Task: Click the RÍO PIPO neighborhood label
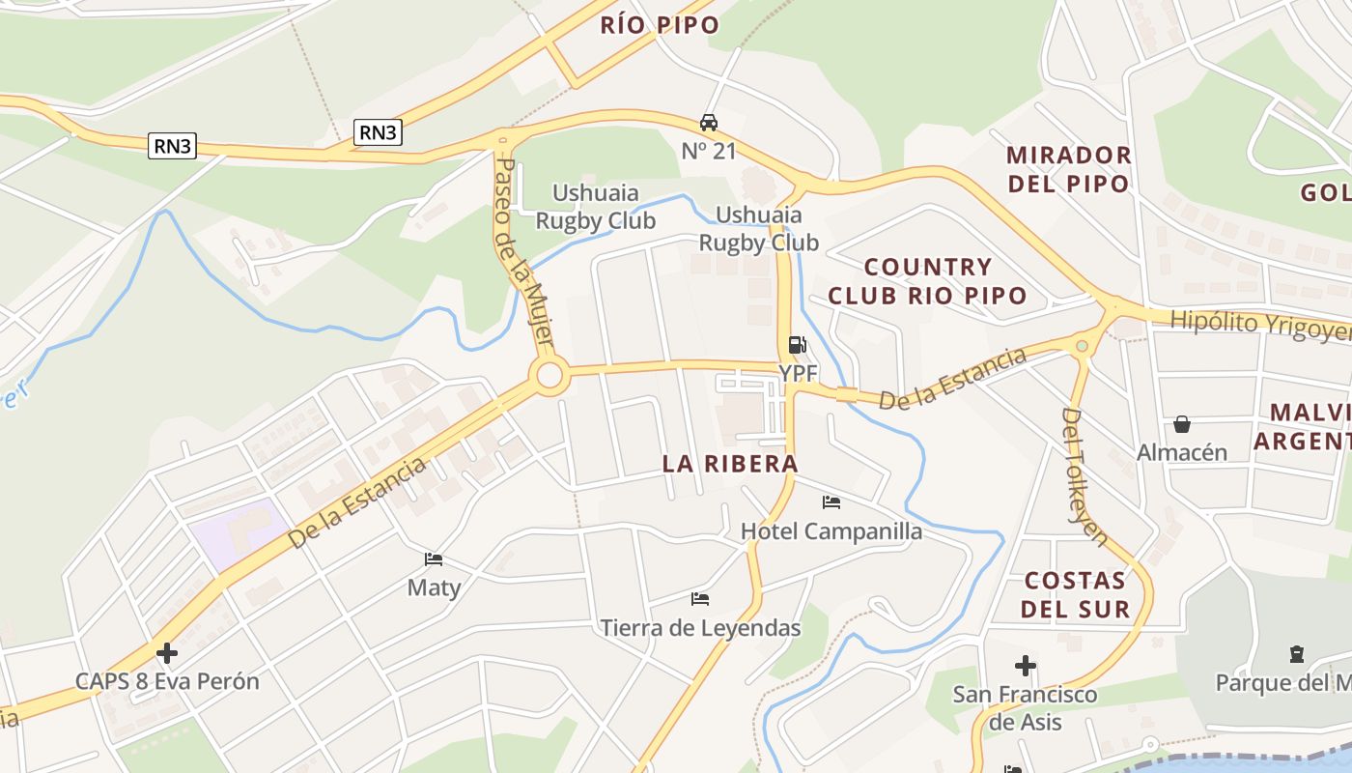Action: click(x=660, y=25)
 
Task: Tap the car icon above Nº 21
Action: click(x=709, y=123)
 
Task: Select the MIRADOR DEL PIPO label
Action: click(x=1068, y=169)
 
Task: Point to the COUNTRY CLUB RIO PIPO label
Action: click(x=927, y=281)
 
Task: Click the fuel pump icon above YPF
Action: click(x=797, y=345)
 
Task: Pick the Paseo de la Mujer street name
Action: click(x=522, y=253)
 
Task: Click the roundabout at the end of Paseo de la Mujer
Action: click(x=549, y=375)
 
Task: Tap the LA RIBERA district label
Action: click(x=730, y=464)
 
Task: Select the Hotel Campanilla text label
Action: click(x=831, y=531)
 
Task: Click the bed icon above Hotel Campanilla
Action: click(x=831, y=502)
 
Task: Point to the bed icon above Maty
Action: click(x=434, y=559)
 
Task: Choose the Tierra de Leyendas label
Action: click(x=700, y=628)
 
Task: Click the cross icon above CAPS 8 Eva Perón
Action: click(x=167, y=653)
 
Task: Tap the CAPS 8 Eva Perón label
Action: click(x=167, y=681)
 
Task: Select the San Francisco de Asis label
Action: click(x=1025, y=707)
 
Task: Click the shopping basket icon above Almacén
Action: click(x=1181, y=424)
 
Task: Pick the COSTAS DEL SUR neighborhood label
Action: click(x=1075, y=594)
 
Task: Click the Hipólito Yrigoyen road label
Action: click(x=1260, y=326)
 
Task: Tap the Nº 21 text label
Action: click(x=709, y=151)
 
